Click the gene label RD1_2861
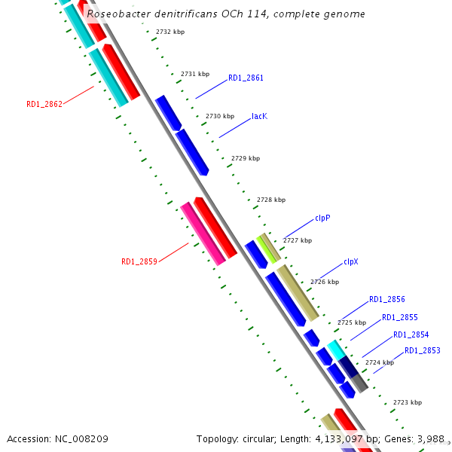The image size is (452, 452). click(x=246, y=78)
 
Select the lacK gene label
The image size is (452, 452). click(x=259, y=117)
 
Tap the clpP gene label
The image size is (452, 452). click(x=322, y=218)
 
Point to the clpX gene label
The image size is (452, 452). click(x=351, y=261)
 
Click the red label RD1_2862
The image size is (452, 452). click(x=44, y=104)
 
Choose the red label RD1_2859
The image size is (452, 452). click(x=139, y=261)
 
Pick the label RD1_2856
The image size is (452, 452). click(x=387, y=299)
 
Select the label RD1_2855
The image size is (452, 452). click(x=399, y=317)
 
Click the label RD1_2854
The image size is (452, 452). click(x=411, y=334)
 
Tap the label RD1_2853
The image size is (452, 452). click(x=423, y=350)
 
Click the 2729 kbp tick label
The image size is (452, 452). click(x=246, y=158)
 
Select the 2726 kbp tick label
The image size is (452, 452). click(x=324, y=281)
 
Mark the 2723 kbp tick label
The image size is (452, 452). click(x=408, y=403)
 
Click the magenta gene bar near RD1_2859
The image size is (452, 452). click(x=203, y=234)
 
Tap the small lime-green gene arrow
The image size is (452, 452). click(x=266, y=248)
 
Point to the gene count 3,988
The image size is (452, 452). click(x=430, y=438)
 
